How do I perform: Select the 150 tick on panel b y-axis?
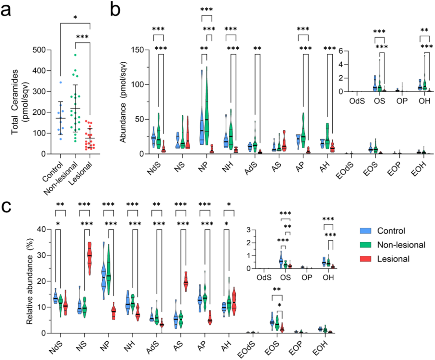tap(136, 50)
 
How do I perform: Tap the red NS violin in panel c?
tap(89, 258)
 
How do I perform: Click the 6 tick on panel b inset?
tap(343, 51)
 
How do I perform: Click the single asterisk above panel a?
tap(75, 17)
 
